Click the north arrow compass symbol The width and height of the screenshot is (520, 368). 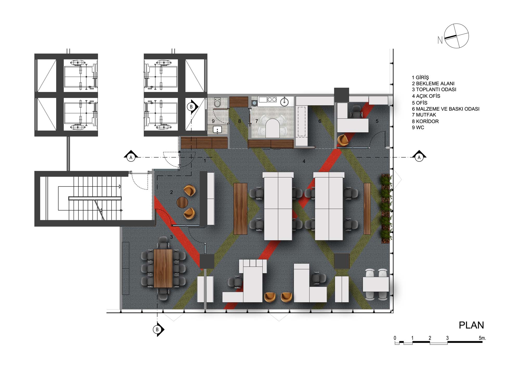(x=456, y=36)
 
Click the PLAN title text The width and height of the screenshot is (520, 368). (x=471, y=325)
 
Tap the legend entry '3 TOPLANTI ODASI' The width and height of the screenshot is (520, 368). (x=434, y=90)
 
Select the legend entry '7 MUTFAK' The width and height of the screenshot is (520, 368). (x=424, y=115)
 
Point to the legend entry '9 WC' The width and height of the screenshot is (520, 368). (x=418, y=128)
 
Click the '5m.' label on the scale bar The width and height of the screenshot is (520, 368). (x=482, y=338)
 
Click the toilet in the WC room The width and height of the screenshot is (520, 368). (x=217, y=103)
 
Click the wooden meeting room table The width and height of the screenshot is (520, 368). (x=163, y=268)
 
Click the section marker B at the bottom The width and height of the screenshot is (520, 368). (x=158, y=330)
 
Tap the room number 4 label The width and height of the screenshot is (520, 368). (x=304, y=162)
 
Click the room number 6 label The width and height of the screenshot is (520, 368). (x=320, y=121)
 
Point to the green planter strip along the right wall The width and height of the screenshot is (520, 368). (x=386, y=209)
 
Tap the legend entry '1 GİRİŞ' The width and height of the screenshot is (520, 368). (x=420, y=78)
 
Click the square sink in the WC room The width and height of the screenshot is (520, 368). (x=217, y=129)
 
